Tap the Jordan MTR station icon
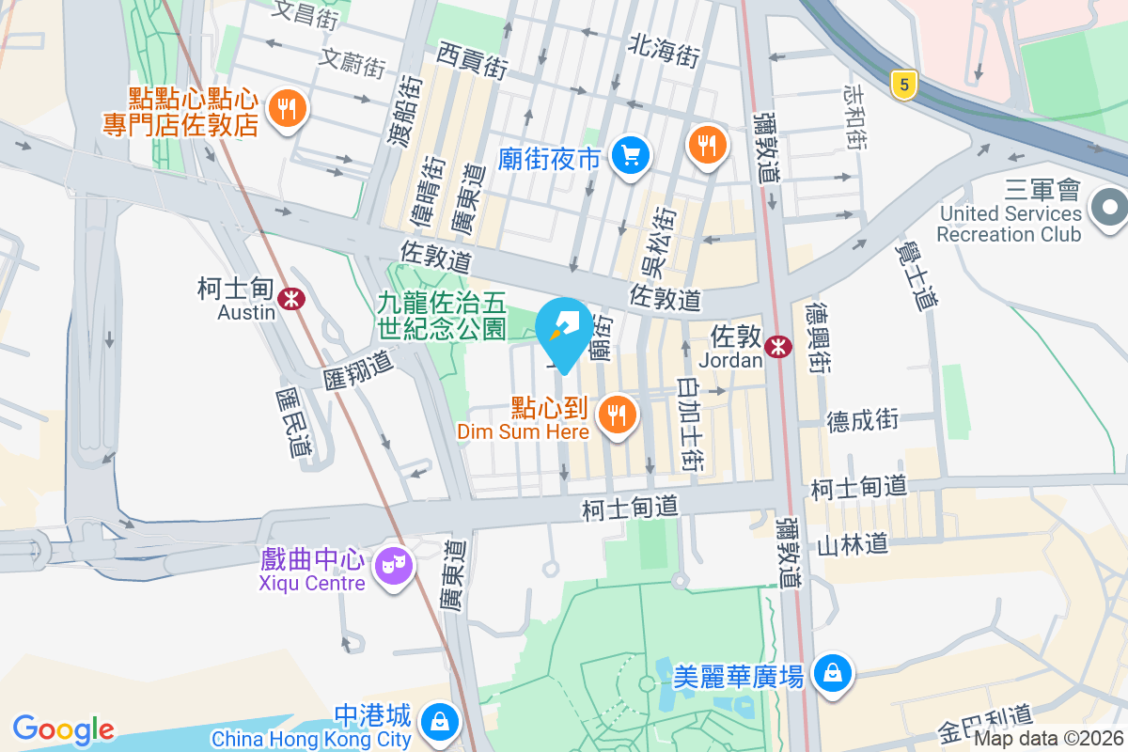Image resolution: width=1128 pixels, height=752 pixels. (x=778, y=347)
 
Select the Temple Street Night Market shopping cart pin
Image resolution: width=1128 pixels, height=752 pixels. (x=631, y=155)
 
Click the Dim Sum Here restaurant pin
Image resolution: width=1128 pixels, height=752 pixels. (x=617, y=413)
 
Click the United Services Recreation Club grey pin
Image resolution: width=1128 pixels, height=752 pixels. (x=1110, y=206)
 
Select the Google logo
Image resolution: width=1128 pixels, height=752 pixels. (x=63, y=729)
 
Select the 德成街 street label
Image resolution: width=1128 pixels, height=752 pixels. (x=863, y=419)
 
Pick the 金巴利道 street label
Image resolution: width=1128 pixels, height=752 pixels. (x=984, y=724)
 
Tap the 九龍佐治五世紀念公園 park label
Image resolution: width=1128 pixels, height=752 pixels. (x=442, y=315)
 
